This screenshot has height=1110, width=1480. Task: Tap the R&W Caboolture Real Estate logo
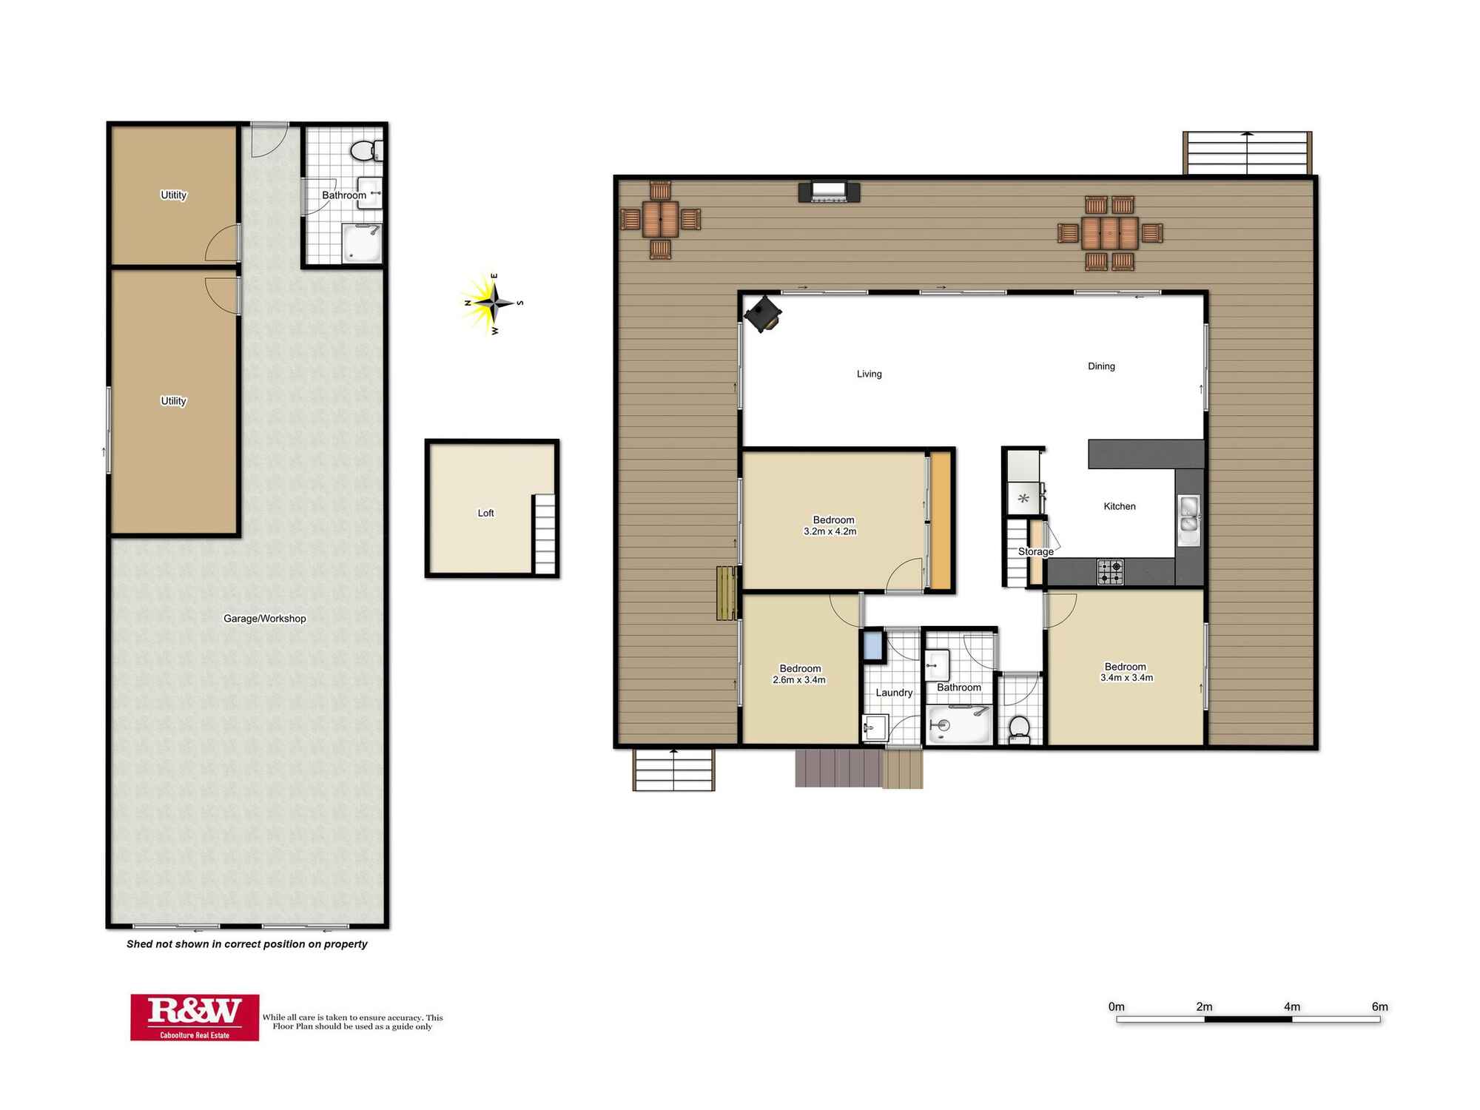click(x=195, y=1017)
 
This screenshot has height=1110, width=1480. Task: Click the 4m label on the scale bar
click(x=1291, y=1006)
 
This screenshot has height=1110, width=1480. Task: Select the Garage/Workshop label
click(x=265, y=619)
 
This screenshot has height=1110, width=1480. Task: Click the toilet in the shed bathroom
click(x=366, y=151)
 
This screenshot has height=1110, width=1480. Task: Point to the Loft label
click(x=485, y=513)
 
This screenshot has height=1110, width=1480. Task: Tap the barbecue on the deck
click(x=829, y=192)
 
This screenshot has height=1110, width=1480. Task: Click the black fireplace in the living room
click(x=763, y=314)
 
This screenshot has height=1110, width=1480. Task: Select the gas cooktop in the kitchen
click(x=1110, y=572)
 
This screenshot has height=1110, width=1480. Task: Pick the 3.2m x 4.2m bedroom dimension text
click(x=830, y=531)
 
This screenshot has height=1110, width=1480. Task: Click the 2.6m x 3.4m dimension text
click(x=799, y=680)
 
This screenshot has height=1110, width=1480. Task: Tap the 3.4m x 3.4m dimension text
click(x=1126, y=678)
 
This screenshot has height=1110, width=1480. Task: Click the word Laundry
click(x=894, y=693)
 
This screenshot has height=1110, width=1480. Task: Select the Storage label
click(x=1035, y=551)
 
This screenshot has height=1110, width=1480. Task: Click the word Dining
click(x=1101, y=366)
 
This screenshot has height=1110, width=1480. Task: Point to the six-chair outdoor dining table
click(x=1110, y=233)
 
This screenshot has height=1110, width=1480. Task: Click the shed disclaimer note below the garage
click(x=246, y=944)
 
